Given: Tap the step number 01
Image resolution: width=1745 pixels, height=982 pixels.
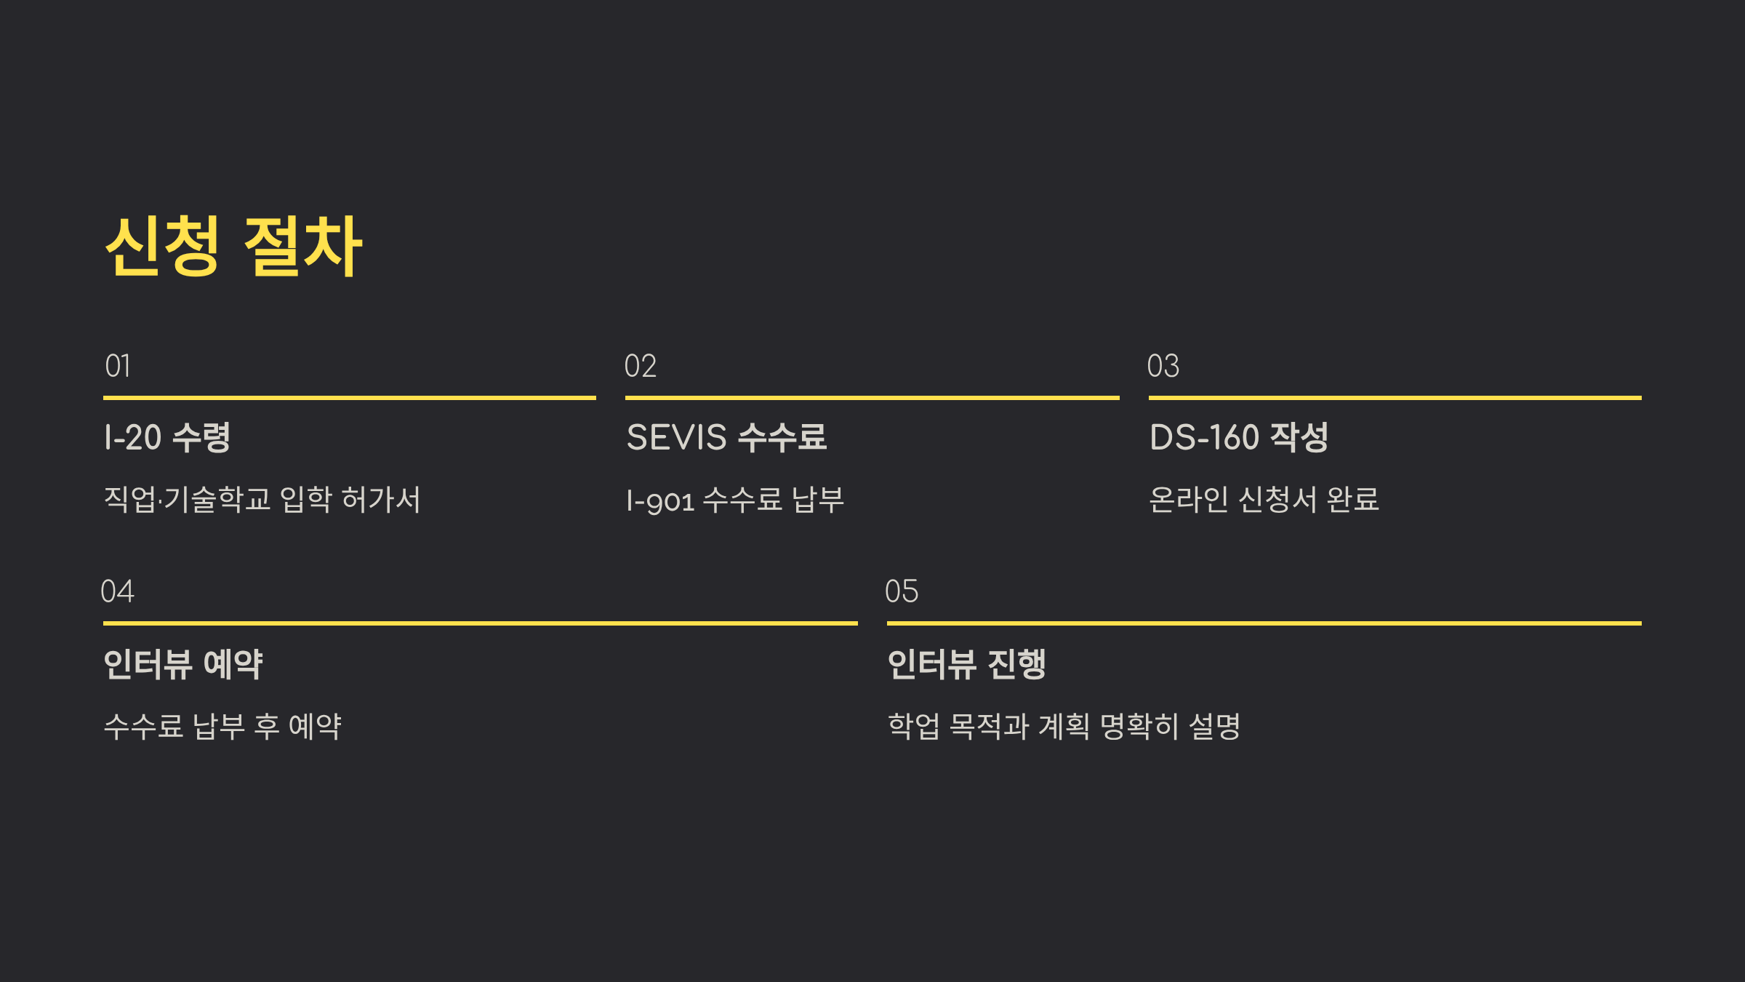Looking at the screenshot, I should pos(118,366).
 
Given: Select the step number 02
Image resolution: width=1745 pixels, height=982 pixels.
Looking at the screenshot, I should pos(640,366).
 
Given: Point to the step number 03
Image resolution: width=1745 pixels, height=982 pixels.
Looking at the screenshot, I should pos(1163,366).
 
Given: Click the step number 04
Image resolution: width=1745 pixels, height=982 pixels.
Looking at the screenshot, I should pos(118,591).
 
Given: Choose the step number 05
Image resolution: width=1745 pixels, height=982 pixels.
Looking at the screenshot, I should pos(902,591).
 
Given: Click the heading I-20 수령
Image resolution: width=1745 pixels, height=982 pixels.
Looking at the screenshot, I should pos(167,437).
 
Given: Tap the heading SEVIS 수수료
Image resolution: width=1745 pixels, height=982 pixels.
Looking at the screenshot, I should pos(726,437).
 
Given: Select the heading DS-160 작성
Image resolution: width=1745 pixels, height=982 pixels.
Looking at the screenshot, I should pos(1239,437).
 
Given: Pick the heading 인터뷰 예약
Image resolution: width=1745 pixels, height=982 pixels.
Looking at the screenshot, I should pos(183,664).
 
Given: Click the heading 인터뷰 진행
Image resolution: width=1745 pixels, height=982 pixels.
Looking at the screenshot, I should pos(967,664).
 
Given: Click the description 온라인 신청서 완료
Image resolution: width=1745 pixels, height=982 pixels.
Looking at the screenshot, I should pos(1264,500).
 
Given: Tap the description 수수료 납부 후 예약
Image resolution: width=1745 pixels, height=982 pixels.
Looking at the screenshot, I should pos(222,726).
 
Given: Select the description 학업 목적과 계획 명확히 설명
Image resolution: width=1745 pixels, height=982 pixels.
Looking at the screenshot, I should pos(1064,726).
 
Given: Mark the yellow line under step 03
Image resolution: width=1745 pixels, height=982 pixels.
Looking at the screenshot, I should pos(1395,398).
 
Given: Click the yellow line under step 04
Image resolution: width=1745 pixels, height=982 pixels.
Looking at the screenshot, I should pos(480,623).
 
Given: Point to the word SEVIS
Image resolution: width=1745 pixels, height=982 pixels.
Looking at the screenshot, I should pos(676,437).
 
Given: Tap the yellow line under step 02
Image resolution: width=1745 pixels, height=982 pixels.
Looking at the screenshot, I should pos(872,398).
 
